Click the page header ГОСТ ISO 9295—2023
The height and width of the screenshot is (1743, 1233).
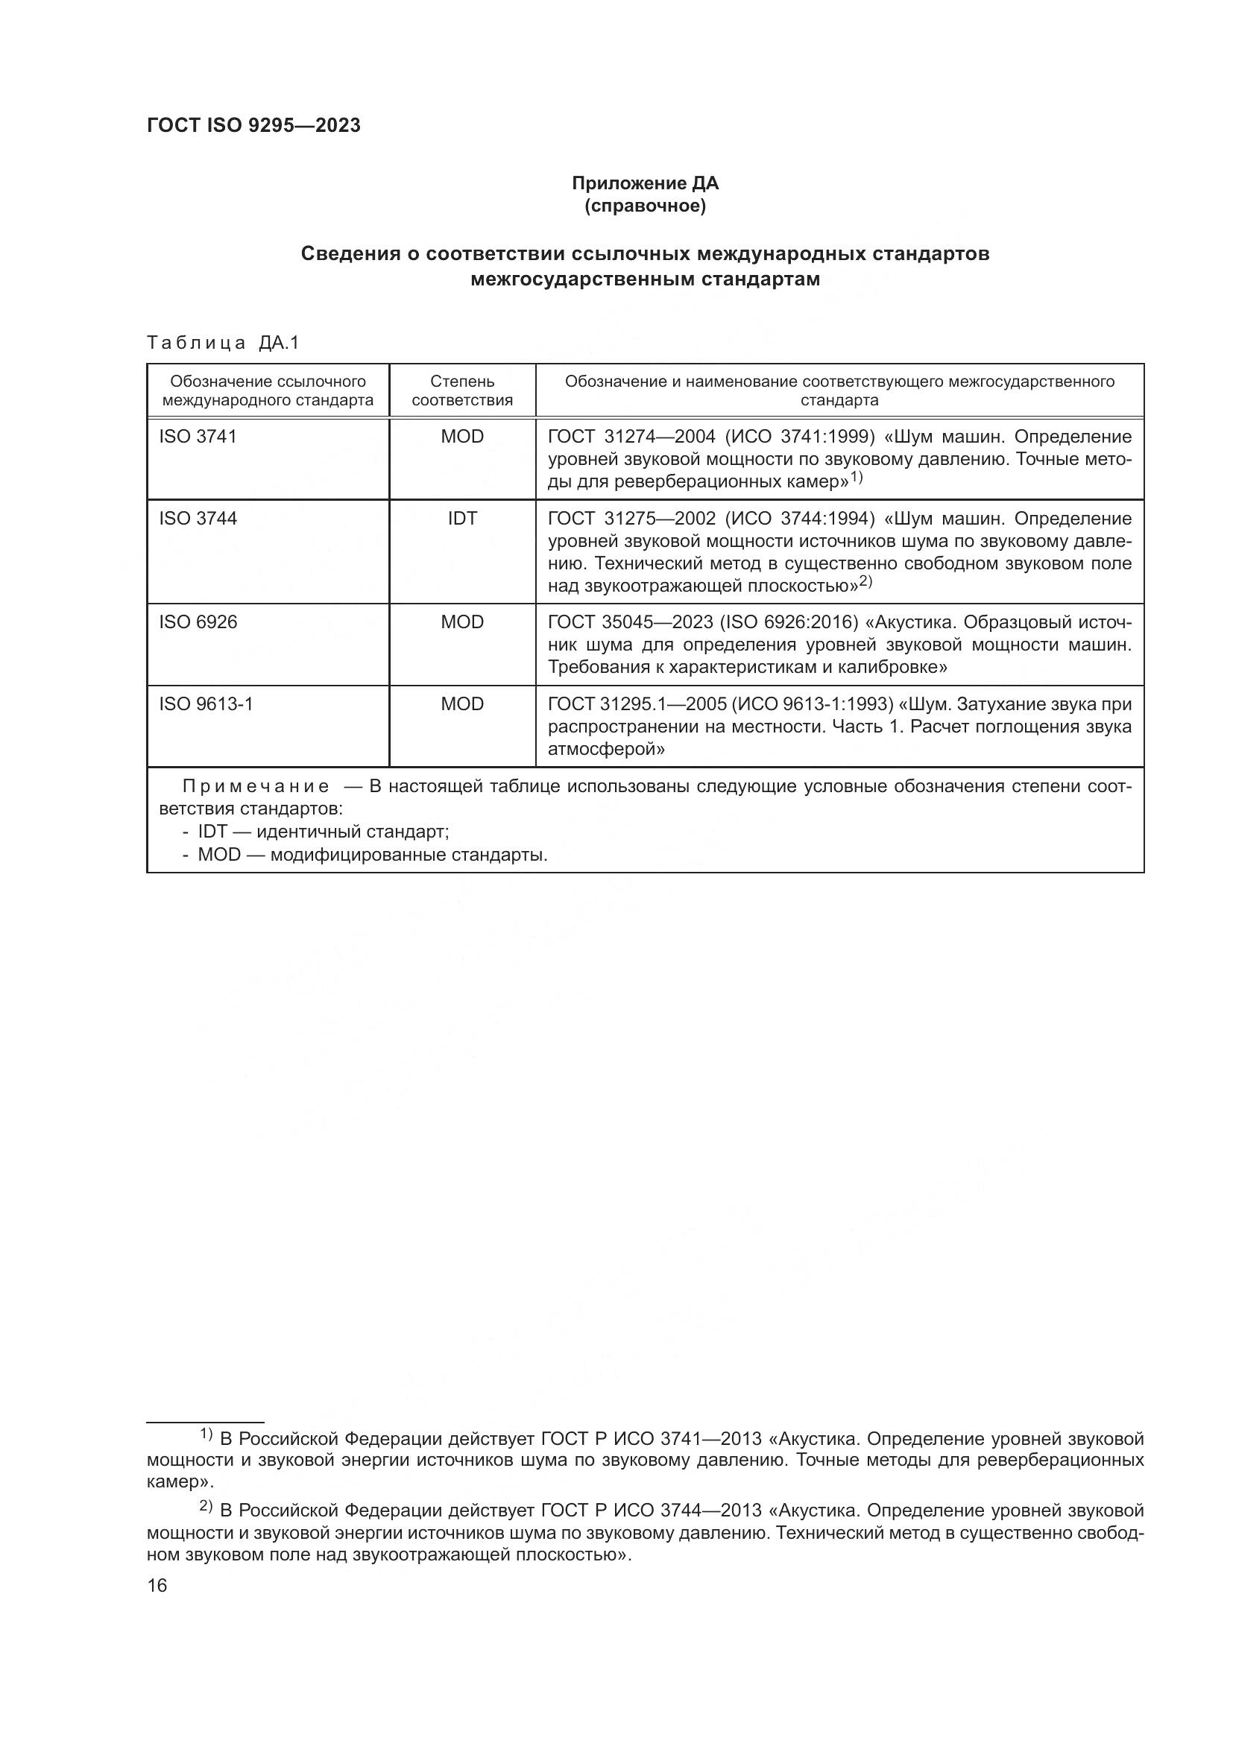pyautogui.click(x=253, y=126)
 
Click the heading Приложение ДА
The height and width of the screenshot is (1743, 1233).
pyautogui.click(x=645, y=183)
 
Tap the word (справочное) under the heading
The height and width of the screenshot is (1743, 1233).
pyautogui.click(x=645, y=206)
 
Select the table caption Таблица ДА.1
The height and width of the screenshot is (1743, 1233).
pyautogui.click(x=223, y=343)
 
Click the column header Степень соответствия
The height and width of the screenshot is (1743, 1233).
pyautogui.click(x=461, y=390)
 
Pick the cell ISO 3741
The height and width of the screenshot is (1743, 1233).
pyautogui.click(x=198, y=437)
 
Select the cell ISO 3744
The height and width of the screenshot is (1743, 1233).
pyautogui.click(x=198, y=519)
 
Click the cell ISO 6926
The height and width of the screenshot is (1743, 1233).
pyautogui.click(x=198, y=622)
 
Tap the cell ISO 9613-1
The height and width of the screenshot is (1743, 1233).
pyautogui.click(x=206, y=704)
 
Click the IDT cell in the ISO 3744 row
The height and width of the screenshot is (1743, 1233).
pyautogui.click(x=461, y=519)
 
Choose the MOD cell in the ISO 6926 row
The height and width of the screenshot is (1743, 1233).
pyautogui.click(x=461, y=622)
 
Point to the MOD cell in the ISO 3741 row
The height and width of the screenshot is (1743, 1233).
pyautogui.click(x=461, y=437)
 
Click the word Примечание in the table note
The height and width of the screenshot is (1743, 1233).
pyautogui.click(x=256, y=786)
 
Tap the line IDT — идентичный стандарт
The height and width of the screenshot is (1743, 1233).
pyautogui.click(x=323, y=832)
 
